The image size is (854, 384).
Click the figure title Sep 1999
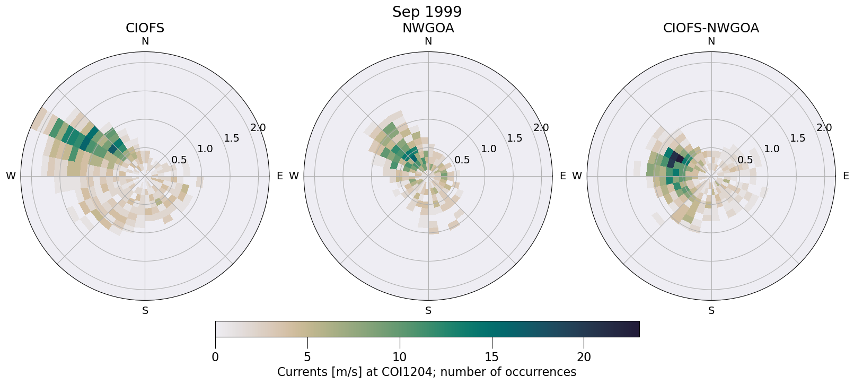point(427,12)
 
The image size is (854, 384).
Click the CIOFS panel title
point(145,28)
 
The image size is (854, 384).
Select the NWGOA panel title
point(428,28)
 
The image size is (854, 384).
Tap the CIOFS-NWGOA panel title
point(711,28)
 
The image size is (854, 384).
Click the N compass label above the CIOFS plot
point(145,41)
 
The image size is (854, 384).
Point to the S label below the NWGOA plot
point(428,311)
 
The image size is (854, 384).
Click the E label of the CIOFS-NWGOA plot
point(846,176)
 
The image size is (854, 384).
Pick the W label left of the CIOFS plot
point(11,176)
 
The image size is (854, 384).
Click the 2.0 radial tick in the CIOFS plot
point(258,128)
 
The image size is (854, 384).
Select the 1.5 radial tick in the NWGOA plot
point(514,138)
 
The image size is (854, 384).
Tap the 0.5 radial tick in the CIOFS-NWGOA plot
point(745,160)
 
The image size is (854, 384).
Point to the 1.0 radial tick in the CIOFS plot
point(205,149)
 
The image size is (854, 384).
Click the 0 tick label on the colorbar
point(215,357)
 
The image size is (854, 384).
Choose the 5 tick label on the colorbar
point(307,357)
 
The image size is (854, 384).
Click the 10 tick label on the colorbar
point(400,357)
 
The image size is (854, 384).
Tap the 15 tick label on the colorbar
point(491,357)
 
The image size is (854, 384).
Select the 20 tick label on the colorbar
point(584,357)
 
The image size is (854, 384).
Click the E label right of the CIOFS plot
point(280,176)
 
